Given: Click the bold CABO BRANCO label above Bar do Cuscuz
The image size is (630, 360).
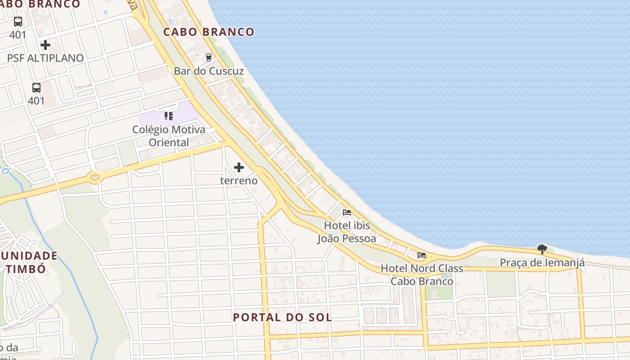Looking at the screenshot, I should (209, 32).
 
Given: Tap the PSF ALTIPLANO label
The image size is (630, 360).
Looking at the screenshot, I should (45, 58).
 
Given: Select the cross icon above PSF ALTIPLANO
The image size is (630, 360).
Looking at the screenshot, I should (45, 45).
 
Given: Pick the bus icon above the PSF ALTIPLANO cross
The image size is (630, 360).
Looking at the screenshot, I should (18, 22).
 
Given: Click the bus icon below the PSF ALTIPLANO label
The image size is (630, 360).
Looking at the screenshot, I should (36, 88).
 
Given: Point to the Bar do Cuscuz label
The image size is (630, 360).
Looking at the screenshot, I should (209, 71).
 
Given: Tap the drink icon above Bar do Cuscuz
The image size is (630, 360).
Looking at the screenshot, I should (208, 58).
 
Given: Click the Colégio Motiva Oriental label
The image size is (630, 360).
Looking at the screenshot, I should (169, 136).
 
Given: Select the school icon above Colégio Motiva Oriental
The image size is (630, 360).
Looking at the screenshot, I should (169, 117).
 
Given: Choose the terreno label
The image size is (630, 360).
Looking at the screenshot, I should (239, 181).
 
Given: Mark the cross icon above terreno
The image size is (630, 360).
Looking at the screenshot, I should (239, 168).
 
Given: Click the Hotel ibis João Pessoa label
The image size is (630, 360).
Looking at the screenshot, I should (347, 232).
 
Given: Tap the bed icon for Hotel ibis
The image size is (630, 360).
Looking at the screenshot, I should (347, 212).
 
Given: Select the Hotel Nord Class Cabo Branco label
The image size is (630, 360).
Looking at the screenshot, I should (422, 275).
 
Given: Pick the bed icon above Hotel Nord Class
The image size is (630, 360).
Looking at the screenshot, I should (422, 255).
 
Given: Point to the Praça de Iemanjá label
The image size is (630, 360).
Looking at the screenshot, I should (542, 263).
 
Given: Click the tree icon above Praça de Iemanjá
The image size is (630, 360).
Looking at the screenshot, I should (542, 249).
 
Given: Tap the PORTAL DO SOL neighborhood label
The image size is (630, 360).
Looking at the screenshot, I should (283, 317).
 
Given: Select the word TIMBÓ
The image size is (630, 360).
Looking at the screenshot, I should (26, 269).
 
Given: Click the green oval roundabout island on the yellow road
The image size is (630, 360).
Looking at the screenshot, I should (95, 177).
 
